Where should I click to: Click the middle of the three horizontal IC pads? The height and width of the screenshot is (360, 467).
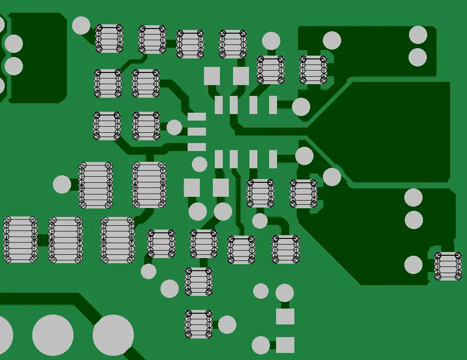pos(197,132)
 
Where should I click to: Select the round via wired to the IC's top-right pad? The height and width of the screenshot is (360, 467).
pos(301,107)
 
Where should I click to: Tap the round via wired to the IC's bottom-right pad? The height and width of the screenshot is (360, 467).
pos(304,156)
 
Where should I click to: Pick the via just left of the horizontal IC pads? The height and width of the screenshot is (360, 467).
pos(175,127)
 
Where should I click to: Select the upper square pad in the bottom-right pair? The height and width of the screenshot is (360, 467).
pos(285,317)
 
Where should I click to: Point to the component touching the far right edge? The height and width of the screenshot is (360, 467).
pos(448,266)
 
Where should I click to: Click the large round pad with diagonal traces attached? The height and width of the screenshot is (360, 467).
pos(113,335)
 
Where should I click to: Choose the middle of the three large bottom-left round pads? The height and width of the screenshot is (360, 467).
pos(53,335)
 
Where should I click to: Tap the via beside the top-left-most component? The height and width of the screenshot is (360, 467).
pos(81,25)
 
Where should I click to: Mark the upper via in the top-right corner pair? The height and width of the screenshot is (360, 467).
pos(418,35)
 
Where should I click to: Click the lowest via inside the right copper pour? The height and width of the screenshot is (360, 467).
pos(413,265)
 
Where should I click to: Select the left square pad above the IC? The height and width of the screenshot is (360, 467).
pos(212,76)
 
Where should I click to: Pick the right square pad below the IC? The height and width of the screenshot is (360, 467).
pos(221,187)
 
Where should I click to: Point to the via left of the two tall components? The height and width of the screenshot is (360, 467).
pos(62,184)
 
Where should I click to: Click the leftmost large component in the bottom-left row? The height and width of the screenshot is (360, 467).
pos(20,239)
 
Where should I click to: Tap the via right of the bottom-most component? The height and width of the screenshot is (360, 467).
pos(227,324)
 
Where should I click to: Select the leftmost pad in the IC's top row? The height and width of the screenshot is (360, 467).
pos(219,105)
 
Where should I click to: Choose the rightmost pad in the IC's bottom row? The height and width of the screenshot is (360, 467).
pos(273,159)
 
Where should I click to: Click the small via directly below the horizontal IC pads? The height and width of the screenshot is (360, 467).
pos(199,164)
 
